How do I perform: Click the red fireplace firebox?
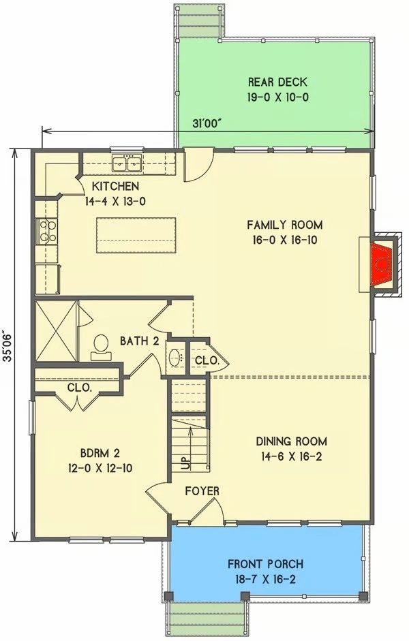[381, 264]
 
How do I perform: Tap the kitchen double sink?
[127, 163]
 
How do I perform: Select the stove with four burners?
[47, 232]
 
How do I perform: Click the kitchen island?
[136, 236]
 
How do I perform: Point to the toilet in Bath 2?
[101, 348]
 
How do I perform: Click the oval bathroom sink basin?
[176, 357]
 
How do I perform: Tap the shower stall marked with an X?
[56, 331]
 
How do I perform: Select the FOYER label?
[202, 491]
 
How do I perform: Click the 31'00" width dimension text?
[207, 123]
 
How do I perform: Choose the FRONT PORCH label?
[265, 564]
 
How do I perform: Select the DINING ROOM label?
[291, 441]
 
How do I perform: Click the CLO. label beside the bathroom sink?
[206, 360]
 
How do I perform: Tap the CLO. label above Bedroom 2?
[79, 388]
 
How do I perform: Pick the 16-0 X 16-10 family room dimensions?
[285, 240]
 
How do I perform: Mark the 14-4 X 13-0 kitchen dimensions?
[115, 201]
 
